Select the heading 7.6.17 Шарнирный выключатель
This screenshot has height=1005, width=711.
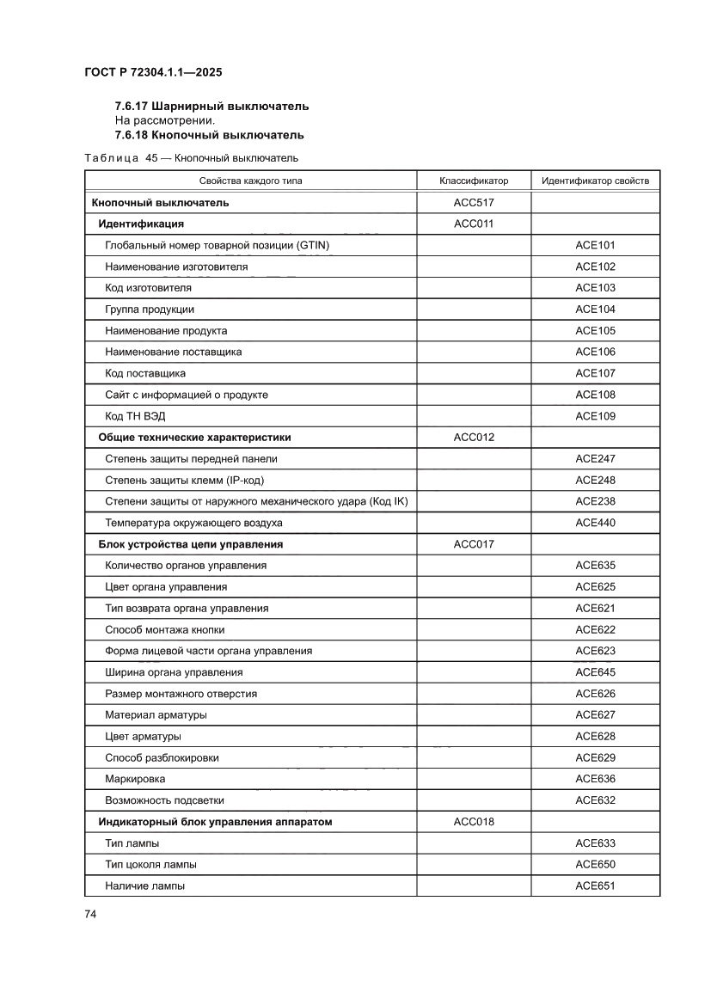point(211,106)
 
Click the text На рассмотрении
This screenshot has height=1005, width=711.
point(164,120)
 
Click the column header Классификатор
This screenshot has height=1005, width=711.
point(474,181)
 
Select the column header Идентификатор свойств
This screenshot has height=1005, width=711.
point(595,181)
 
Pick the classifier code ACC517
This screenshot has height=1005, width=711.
point(474,203)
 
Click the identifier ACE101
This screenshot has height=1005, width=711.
point(595,245)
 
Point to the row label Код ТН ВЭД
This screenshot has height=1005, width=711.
point(138,416)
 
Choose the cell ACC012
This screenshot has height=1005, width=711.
point(474,438)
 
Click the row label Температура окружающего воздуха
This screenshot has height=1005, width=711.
point(193,523)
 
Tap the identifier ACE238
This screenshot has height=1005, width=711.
point(595,501)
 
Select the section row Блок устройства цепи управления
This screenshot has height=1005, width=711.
point(191,544)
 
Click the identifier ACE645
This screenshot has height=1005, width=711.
point(595,672)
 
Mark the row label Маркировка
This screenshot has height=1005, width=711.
point(136,779)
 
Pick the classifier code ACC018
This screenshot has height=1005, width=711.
point(474,822)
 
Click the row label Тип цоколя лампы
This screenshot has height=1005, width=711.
point(150,865)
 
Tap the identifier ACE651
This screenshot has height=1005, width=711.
point(595,886)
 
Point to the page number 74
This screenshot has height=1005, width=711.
point(89,914)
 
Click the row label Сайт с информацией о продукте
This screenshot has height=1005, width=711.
point(187,395)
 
